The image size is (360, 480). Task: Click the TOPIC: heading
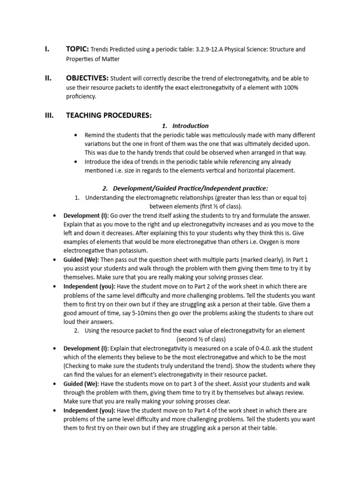(77, 49)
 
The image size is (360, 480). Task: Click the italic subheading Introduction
(190, 126)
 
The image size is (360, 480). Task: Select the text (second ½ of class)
(201, 339)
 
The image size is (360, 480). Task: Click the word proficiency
(81, 97)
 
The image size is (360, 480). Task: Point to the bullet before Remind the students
(76, 135)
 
